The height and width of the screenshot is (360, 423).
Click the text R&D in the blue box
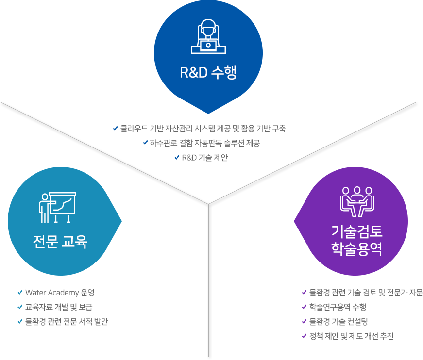pos(194,73)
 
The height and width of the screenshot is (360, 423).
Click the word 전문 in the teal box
pos(44,242)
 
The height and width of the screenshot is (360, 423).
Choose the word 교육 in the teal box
pos(74,242)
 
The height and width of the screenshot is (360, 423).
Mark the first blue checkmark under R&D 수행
pos(115,129)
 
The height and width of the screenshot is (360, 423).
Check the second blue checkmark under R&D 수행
pos(145,143)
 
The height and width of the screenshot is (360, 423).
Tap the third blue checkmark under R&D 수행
pos(177,157)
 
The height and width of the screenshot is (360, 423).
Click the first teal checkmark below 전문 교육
pos(20,292)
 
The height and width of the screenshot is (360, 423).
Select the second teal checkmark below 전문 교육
pos(20,307)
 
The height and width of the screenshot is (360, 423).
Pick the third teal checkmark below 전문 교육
pos(20,321)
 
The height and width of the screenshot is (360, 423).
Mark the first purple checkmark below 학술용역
pos(304,292)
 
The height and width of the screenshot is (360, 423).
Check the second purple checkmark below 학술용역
pos(304,307)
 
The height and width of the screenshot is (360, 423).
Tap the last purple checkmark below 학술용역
pos(304,336)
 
